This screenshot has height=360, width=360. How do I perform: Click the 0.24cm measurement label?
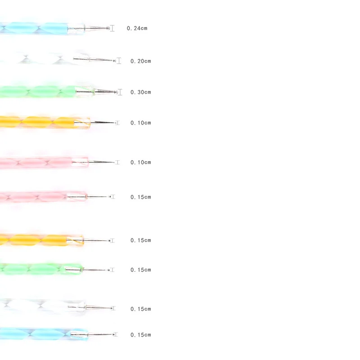137,28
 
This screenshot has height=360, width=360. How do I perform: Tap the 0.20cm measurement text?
140,61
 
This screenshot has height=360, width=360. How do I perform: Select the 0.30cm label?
140,92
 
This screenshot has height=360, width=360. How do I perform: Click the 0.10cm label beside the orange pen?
140,123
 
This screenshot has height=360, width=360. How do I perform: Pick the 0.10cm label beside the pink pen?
140,162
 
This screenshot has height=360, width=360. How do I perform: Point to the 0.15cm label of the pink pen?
140,197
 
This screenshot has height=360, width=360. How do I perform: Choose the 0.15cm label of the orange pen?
140,240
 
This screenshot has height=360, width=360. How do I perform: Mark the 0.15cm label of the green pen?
140,270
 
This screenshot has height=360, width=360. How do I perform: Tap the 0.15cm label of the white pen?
140,309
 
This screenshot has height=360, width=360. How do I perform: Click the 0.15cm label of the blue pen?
140,335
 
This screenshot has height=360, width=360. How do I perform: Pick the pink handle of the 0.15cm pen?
36,197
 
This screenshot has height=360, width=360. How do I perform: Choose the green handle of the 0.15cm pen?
36,269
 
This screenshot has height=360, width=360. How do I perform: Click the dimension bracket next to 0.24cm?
112,28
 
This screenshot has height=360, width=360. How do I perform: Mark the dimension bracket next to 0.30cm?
120,92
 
